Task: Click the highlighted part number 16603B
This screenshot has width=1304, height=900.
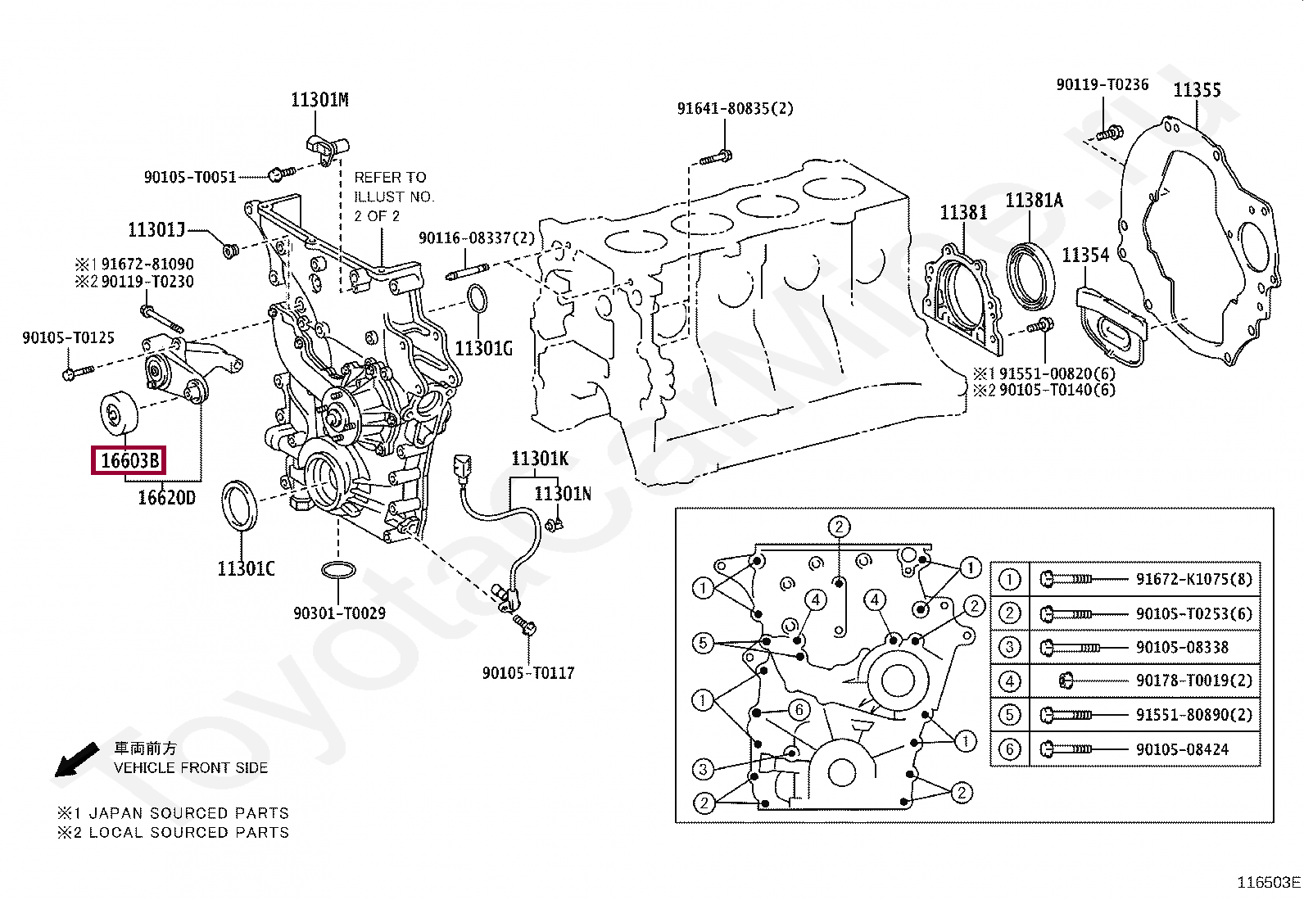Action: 129,460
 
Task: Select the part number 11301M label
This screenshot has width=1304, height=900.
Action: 319,100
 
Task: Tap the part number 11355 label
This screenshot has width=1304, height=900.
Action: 1197,89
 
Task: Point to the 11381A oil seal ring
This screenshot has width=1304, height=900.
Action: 1030,276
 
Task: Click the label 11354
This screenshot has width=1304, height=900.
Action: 1085,255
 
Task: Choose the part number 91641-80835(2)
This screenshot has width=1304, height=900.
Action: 736,108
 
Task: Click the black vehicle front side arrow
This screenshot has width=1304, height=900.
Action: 76,759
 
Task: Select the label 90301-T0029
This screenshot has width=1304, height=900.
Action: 339,613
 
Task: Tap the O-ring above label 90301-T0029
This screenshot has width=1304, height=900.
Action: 338,570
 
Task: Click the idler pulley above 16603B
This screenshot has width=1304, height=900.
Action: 120,414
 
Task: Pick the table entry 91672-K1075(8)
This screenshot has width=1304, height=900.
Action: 1194,579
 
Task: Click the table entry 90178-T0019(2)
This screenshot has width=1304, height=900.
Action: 1194,680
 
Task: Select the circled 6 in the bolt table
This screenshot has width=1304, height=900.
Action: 1009,748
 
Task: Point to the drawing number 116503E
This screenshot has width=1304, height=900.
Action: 1269,883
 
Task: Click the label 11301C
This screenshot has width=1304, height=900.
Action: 246,568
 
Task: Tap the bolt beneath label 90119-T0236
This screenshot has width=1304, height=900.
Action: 1110,133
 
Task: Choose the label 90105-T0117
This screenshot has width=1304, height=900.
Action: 528,673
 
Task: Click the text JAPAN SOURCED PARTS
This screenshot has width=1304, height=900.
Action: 188,812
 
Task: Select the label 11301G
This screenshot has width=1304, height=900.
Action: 483,349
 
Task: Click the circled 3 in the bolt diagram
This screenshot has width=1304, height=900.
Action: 703,769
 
